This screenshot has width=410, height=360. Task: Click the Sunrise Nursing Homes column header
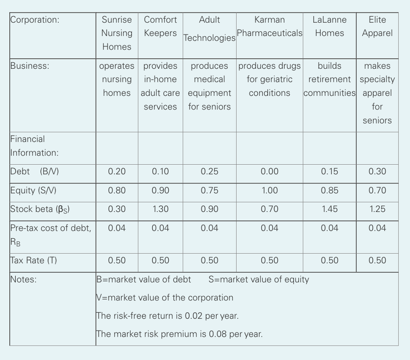coord(117,33)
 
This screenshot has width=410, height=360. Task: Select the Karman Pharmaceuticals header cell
coord(269,27)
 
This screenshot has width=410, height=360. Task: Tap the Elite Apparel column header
coord(377,26)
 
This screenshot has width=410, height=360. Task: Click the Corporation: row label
coord(35,20)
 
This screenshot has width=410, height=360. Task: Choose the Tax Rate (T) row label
coord(34,260)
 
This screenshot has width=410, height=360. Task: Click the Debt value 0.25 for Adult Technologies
coord(209,172)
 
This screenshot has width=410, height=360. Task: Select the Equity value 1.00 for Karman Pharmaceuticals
coord(269,191)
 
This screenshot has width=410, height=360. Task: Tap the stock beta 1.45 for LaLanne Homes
coord(329,209)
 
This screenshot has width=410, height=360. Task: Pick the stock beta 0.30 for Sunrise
coord(117,209)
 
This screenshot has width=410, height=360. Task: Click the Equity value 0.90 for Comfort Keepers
coord(160,191)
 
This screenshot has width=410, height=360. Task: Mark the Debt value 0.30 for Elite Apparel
coord(377,172)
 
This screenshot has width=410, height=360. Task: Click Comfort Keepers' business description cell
coord(160,86)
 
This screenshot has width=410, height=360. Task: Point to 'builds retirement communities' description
coord(329,79)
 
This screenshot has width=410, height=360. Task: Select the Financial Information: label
coord(34,146)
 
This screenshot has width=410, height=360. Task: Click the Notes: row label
coord(24,279)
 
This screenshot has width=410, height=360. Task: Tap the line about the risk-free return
coord(167,316)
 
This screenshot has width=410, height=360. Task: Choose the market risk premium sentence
coord(179,334)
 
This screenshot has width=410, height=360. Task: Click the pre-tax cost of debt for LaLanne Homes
coord(329,228)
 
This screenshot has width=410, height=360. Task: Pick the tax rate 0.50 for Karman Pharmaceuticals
coord(269,260)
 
